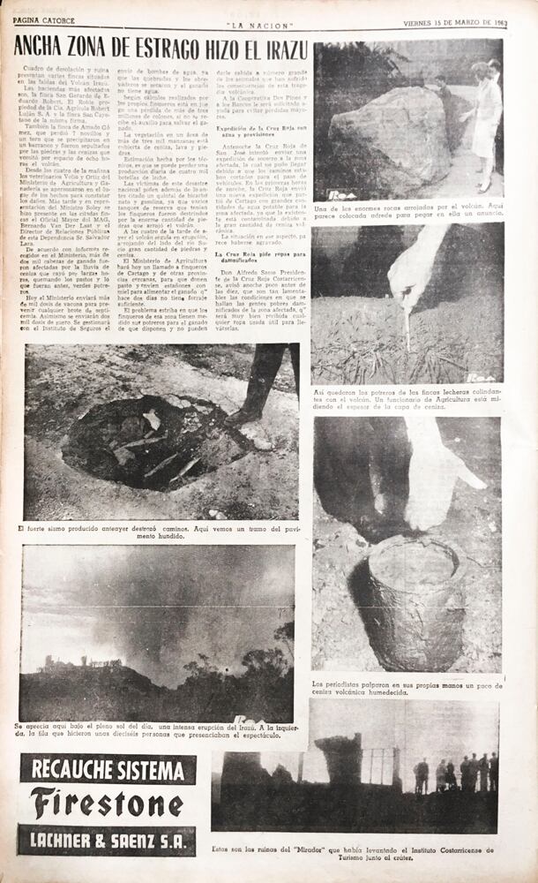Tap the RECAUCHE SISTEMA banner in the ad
click(x=107, y=770)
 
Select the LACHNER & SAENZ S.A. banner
click(x=107, y=840)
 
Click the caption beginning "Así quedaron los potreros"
click(x=406, y=397)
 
